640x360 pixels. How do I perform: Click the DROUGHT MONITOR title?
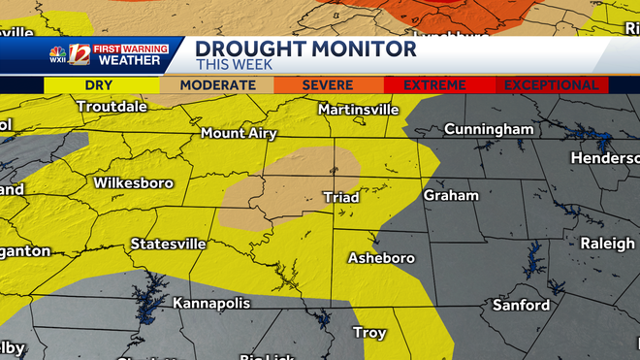305,49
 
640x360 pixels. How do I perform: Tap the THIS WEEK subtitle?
236,65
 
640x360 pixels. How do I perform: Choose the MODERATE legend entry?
217,85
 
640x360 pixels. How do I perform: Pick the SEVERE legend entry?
327,85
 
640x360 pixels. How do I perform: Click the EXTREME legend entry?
434,85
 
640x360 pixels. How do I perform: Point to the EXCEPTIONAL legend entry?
550,85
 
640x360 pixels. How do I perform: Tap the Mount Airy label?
239,133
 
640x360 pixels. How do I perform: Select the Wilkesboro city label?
133,182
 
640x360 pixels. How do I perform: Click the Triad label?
340,197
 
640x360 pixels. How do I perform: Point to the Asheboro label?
381,258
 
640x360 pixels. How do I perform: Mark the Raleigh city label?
607,244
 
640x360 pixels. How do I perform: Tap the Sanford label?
521,305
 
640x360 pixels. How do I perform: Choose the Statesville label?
168,244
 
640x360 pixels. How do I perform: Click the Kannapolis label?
211,304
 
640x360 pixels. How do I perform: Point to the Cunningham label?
489,129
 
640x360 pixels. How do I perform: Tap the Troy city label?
369,333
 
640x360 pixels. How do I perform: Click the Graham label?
451,195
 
